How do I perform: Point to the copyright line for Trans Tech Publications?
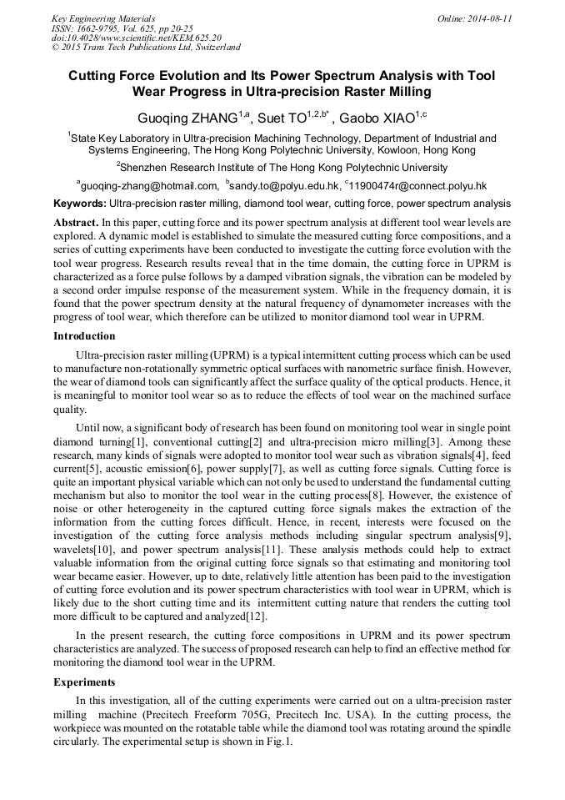pyautogui.click(x=146, y=48)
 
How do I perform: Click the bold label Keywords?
pyautogui.click(x=80, y=204)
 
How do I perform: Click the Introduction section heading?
pyautogui.click(x=84, y=336)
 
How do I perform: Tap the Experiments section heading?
pyautogui.click(x=84, y=682)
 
